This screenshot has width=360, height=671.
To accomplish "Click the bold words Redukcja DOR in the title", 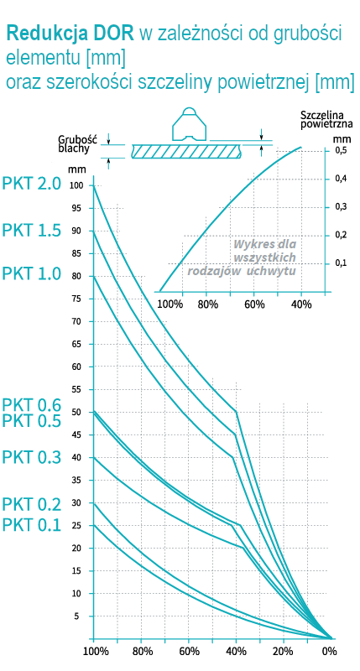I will (x=70, y=34).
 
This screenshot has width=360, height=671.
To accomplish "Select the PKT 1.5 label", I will (x=32, y=231).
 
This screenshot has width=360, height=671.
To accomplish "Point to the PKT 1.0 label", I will (x=32, y=273).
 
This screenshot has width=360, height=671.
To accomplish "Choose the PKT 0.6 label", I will (x=32, y=405).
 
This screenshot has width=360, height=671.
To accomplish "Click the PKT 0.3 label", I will (x=32, y=457).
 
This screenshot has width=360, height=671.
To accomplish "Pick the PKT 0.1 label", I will (x=32, y=525).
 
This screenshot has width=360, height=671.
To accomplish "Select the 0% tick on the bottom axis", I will (x=329, y=651).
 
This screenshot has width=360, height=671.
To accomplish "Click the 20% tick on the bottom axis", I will (x=284, y=651).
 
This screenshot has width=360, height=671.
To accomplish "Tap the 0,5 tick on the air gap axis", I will (x=342, y=151).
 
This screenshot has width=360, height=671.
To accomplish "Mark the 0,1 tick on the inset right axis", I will (x=342, y=263).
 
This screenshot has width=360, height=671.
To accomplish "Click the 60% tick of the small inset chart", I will (x=254, y=304).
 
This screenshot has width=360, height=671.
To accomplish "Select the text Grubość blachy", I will (x=79, y=143).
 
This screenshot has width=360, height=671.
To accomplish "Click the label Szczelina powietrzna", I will (x=326, y=119).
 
